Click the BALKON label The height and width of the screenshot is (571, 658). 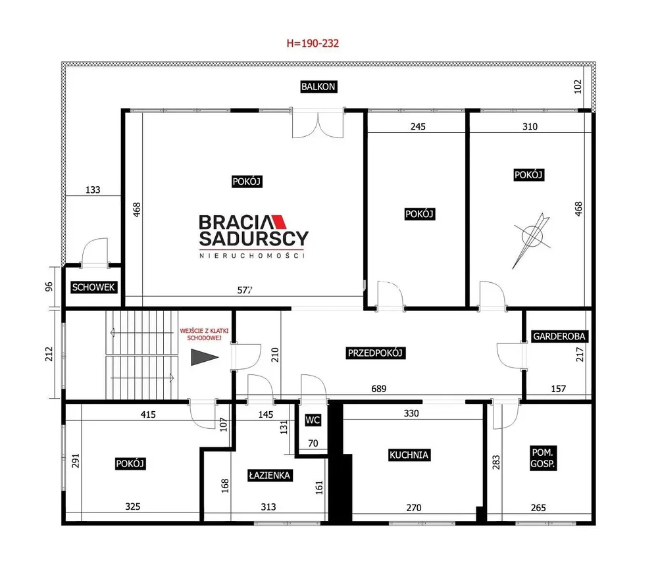click(318, 87)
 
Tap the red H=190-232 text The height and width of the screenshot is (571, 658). click(313, 43)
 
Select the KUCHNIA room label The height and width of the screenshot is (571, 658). click(409, 455)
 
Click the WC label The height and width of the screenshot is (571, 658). click(313, 420)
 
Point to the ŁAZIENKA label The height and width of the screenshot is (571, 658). click(269, 476)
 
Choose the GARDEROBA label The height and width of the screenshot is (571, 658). click(559, 336)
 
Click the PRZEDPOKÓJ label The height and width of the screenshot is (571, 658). click(375, 353)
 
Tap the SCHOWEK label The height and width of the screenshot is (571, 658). click(93, 287)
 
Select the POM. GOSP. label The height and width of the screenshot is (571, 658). click(543, 458)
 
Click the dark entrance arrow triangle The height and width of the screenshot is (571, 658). click(203, 357)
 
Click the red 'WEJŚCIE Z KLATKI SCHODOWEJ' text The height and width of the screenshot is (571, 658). click(204, 334)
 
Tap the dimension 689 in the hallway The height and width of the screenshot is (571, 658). click(378, 389)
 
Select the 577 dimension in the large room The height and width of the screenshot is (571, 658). click(245, 290)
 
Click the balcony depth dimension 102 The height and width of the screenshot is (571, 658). click(578, 86)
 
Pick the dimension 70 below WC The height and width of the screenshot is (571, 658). click(313, 443)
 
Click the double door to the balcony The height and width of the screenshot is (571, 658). click(318, 122)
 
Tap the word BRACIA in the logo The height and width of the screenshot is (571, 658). click(236, 222)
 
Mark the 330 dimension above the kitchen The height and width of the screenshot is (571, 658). click(411, 414)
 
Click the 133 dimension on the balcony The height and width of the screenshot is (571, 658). click(93, 189)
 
